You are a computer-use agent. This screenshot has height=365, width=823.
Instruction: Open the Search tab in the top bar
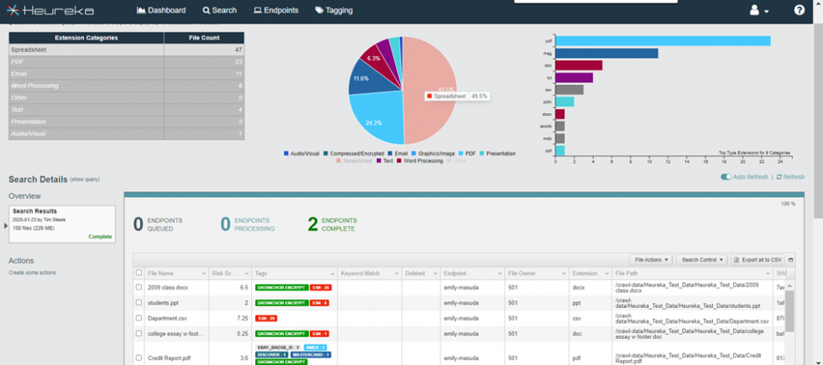coord(219,10)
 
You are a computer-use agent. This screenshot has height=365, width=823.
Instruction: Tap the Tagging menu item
coord(336,10)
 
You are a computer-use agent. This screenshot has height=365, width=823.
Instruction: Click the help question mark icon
coord(799,10)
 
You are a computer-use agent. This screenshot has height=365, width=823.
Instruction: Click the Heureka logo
coord(52,10)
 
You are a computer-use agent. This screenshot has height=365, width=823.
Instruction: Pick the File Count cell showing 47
coord(205,50)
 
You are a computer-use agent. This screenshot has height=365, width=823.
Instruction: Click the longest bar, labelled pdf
coord(663,40)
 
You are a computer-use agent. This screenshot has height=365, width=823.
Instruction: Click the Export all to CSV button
coord(758,260)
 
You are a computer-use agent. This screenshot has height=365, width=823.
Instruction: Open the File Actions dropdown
coord(652,260)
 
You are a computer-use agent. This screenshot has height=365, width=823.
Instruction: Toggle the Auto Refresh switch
coord(726,177)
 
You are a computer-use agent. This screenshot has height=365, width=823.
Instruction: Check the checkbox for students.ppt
coord(139,302)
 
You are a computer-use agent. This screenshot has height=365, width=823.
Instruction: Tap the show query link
coord(85,180)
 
